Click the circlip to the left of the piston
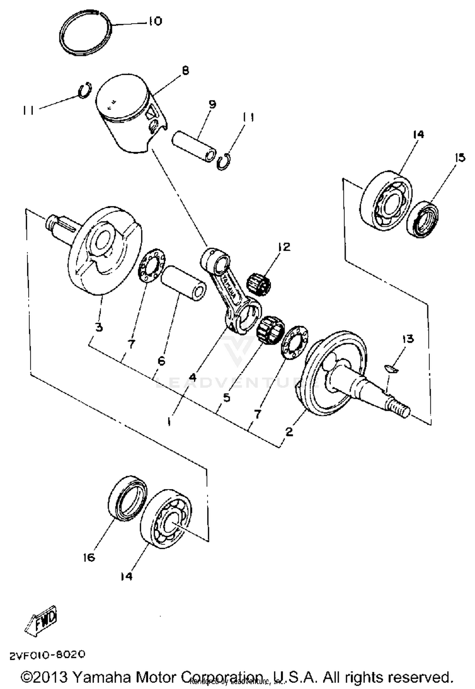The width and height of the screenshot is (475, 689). click(85, 91)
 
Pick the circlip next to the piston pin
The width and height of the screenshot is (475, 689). click(224, 162)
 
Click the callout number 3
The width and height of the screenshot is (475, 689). click(99, 327)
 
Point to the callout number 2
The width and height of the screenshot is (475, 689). click(289, 432)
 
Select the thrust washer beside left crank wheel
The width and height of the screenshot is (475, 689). click(152, 265)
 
